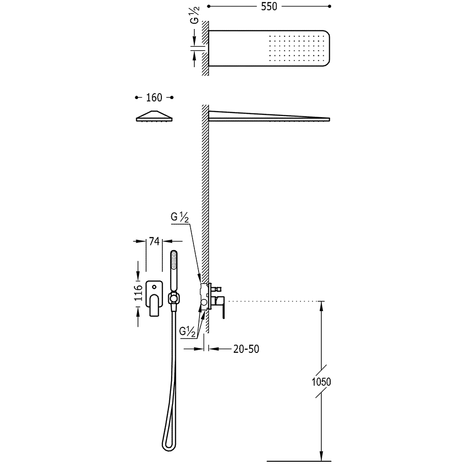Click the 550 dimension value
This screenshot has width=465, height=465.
(x=269, y=7)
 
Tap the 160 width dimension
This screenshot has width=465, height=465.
(x=154, y=98)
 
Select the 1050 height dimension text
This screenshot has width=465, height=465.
(x=321, y=382)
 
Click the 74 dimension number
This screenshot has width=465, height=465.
(x=154, y=241)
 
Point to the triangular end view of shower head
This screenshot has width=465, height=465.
(x=154, y=116)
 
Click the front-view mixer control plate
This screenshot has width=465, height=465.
(x=154, y=299)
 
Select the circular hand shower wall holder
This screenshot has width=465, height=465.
(x=174, y=297)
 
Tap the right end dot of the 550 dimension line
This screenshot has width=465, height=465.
(x=330, y=7)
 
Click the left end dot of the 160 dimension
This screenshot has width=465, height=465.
(x=136, y=98)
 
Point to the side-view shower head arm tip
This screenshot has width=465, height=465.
(x=328, y=119)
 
